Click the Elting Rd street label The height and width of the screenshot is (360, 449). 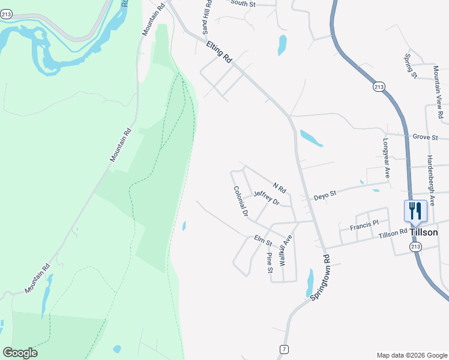tap(218, 52)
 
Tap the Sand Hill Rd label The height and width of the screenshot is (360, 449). tap(208, 17)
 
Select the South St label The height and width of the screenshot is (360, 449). tap(243, 4)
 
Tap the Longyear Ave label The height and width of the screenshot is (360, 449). tap(386, 159)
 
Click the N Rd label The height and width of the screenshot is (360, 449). tap(279, 188)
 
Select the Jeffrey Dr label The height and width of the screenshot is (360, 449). tap(267, 198)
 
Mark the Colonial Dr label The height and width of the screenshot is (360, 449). tap(241, 201)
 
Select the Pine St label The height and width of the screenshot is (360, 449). tap(270, 262)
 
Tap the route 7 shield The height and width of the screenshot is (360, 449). tap(283, 349)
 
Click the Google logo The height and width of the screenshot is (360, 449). tap(20, 353)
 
